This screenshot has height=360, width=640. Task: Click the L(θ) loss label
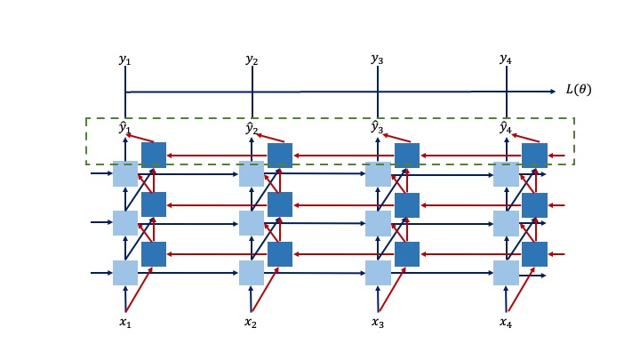click(578, 90)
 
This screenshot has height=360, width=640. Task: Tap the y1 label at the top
click(124, 60)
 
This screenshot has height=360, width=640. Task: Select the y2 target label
click(252, 60)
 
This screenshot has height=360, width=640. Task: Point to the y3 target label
click(377, 60)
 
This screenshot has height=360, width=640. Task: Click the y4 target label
click(505, 60)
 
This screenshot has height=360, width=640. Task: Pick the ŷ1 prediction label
click(124, 128)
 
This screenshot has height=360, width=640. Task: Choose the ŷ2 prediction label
click(252, 128)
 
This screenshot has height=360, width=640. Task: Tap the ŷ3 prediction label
click(377, 128)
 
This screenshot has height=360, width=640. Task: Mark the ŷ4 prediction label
click(505, 128)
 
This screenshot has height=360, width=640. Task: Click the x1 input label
click(124, 322)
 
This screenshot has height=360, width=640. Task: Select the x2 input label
click(251, 322)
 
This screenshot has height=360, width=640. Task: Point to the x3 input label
click(377, 322)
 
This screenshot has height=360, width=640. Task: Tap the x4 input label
click(505, 322)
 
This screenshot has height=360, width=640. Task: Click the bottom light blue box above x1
click(125, 273)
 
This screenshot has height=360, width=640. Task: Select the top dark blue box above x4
click(534, 156)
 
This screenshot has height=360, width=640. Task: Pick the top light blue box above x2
click(252, 174)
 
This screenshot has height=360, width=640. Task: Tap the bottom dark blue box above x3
click(407, 254)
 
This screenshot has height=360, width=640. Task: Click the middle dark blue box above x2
click(280, 205)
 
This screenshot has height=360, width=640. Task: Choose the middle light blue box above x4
click(506, 223)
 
